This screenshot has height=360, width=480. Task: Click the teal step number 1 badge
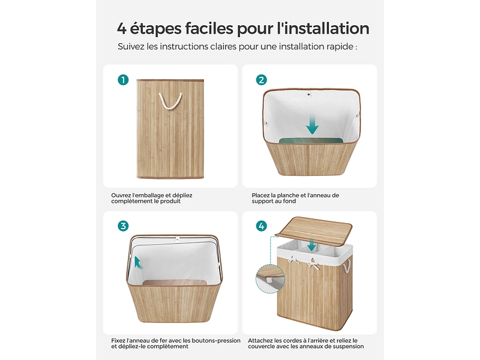123,80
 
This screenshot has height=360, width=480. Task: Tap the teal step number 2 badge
261,80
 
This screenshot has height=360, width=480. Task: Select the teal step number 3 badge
123,226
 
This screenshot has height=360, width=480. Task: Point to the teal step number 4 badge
261,226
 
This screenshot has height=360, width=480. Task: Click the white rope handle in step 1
170,101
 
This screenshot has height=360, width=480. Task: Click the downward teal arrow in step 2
312,125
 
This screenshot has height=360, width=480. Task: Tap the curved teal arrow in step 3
138,263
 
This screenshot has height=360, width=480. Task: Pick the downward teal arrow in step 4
312,245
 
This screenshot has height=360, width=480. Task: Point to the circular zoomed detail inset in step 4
270,279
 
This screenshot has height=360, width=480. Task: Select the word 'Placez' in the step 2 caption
260,196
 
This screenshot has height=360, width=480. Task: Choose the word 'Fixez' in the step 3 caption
118,340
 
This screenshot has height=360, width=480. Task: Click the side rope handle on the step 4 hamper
347,266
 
